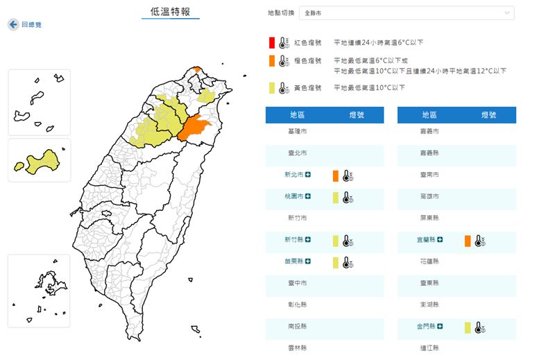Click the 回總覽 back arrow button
(x=13, y=24)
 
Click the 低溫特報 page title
(x=170, y=12)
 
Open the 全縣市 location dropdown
(x=407, y=13)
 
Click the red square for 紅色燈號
(x=273, y=43)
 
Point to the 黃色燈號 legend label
(x=308, y=88)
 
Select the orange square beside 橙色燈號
(x=273, y=62)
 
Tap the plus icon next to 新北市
(x=308, y=175)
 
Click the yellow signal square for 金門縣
(x=468, y=328)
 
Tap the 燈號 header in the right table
(x=488, y=115)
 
